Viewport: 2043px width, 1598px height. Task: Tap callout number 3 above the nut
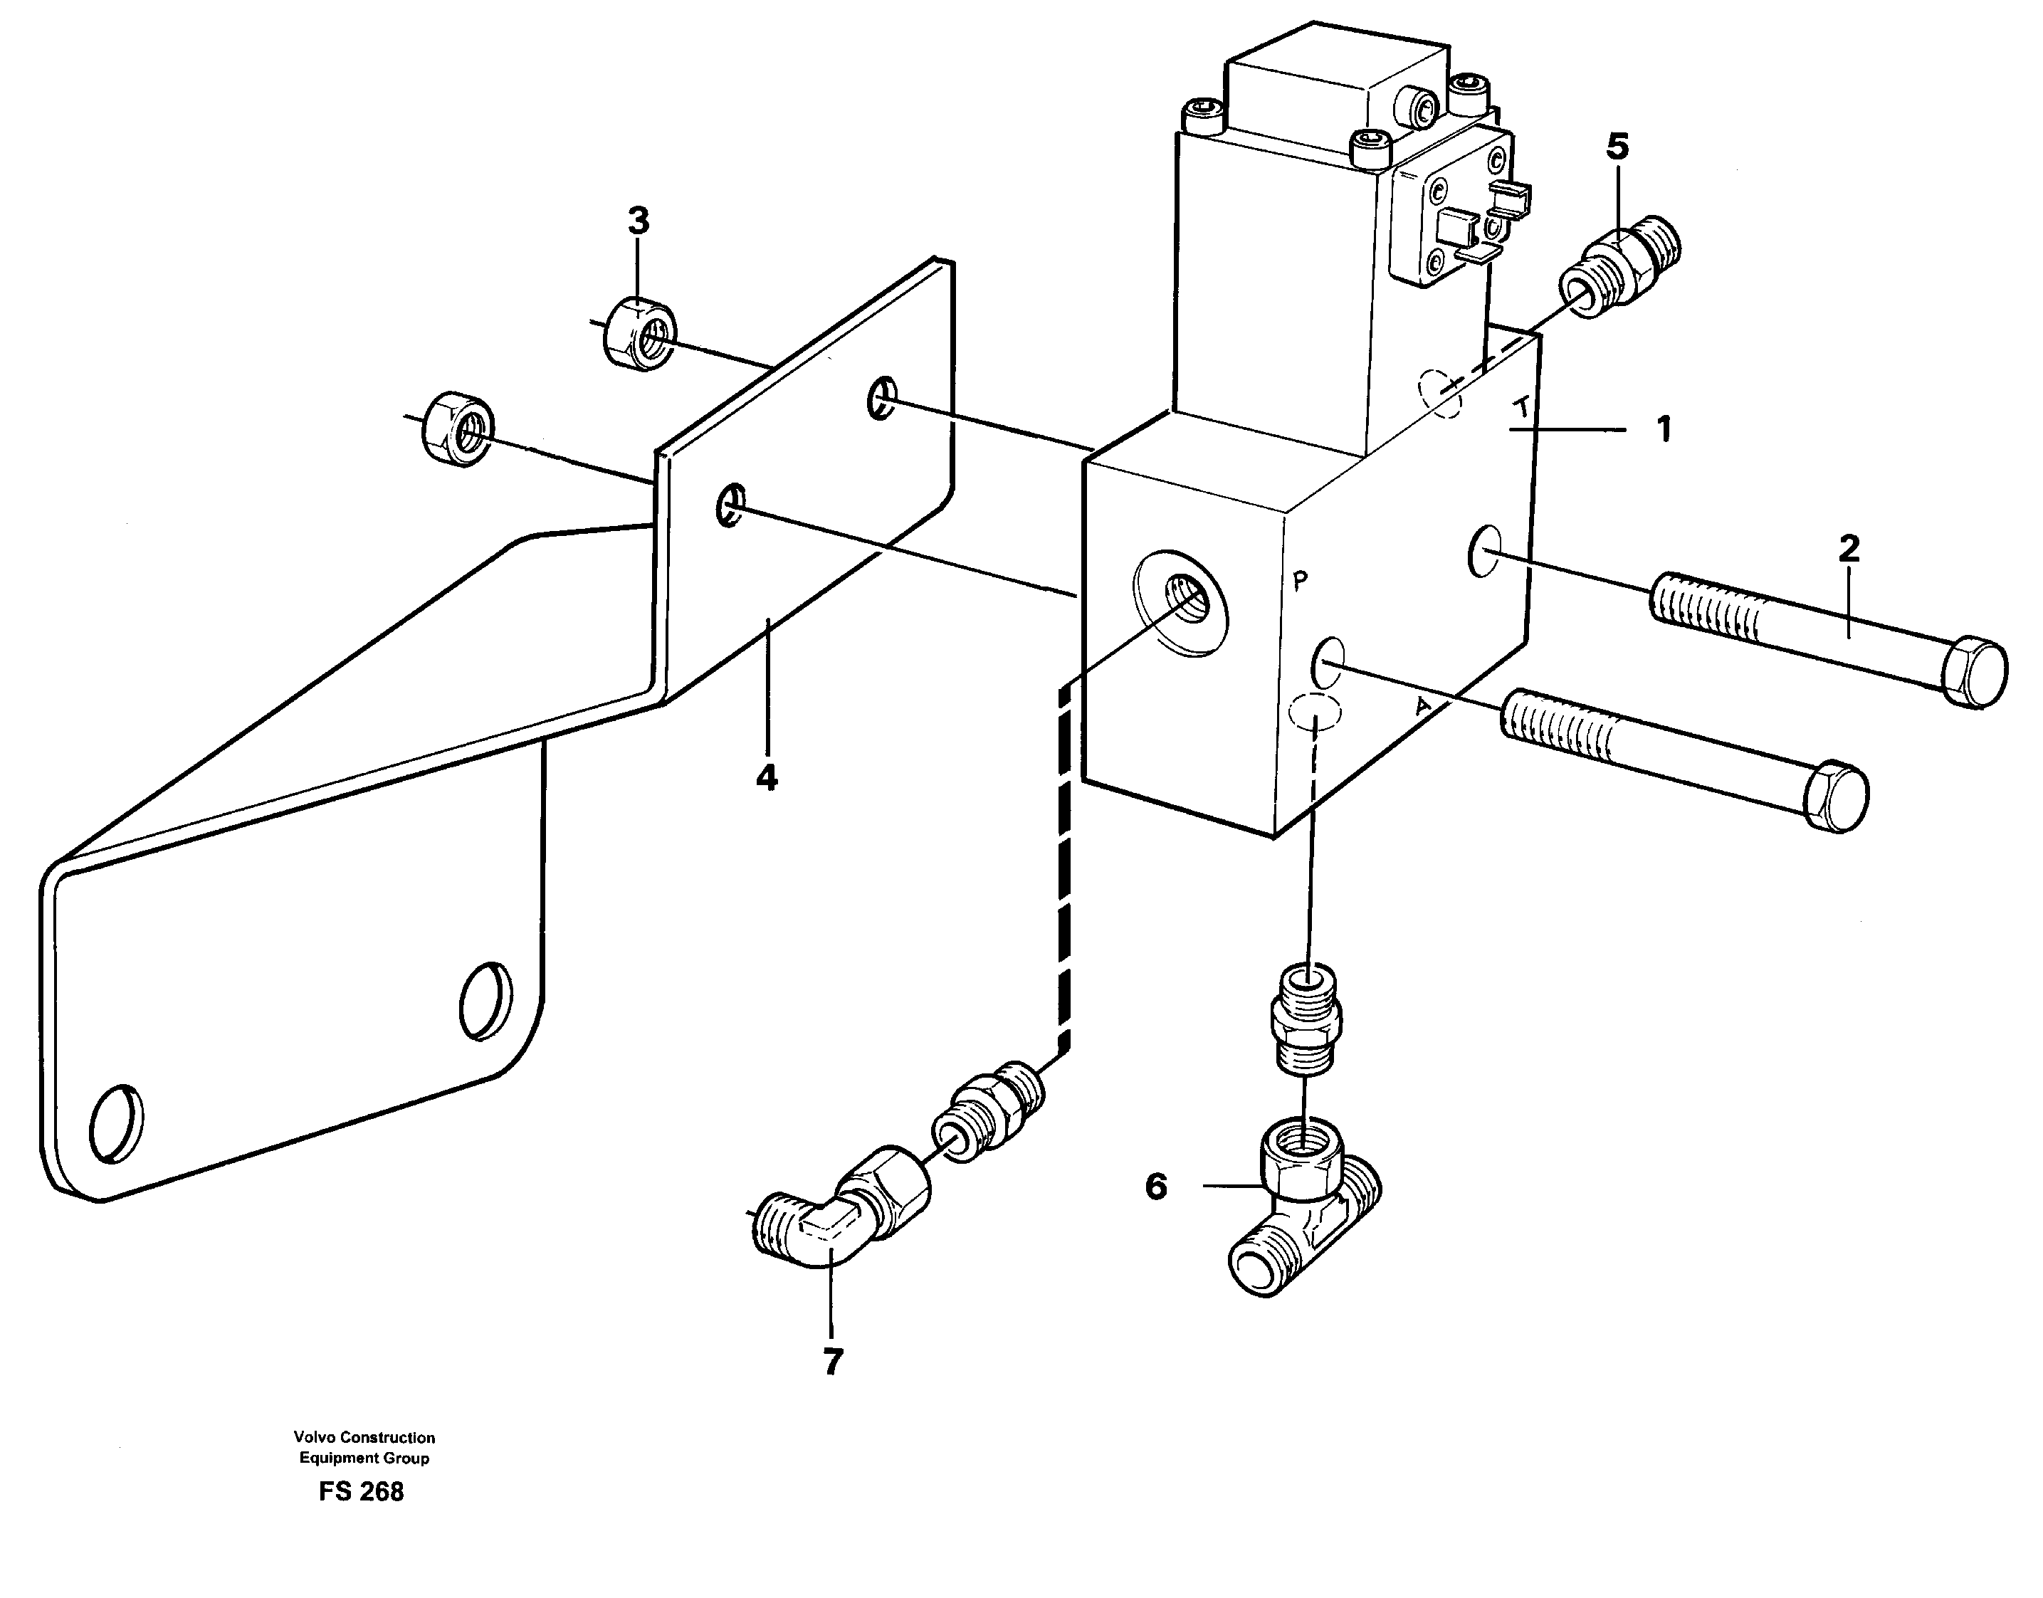pos(638,223)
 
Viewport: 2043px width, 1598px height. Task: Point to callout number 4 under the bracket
pos(766,777)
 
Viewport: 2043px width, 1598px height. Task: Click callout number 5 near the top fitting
pos(1617,147)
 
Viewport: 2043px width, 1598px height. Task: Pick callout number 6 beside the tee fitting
pos(1156,1187)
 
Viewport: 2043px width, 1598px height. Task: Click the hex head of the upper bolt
pos(1974,671)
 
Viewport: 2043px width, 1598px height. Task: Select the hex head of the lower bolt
pos(1835,798)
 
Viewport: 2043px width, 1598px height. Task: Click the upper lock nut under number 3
pos(640,334)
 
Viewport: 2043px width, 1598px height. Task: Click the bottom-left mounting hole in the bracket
pos(117,1123)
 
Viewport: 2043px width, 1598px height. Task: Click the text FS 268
pos(361,1491)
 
